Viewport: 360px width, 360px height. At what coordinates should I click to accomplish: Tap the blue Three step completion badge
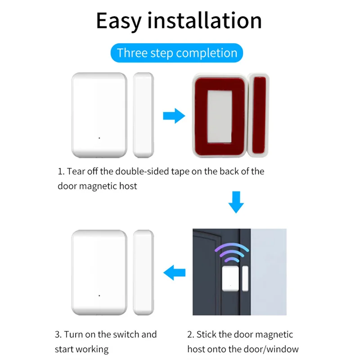click(x=177, y=53)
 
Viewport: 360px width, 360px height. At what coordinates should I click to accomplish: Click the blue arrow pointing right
click(x=173, y=116)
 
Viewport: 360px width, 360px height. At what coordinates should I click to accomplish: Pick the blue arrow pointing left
click(x=174, y=272)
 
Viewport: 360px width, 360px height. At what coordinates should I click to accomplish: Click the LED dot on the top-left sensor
click(x=99, y=138)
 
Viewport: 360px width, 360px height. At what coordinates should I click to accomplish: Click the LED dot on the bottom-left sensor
click(x=99, y=295)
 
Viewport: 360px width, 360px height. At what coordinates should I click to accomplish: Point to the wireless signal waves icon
click(x=230, y=254)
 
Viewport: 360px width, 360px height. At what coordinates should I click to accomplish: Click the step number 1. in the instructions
click(x=61, y=171)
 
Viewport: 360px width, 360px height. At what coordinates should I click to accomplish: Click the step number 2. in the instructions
click(x=191, y=334)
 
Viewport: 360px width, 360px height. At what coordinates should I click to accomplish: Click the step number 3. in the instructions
click(x=58, y=334)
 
